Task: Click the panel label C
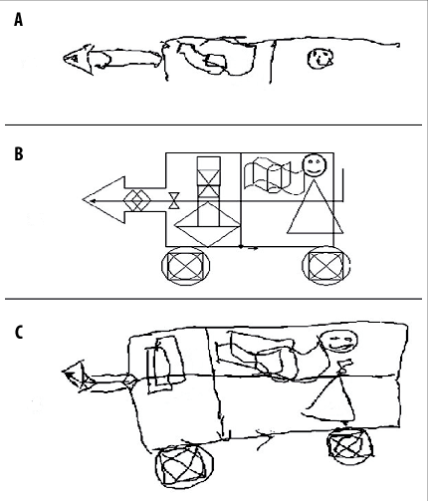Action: pos(19,331)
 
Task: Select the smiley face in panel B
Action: pos(315,164)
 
